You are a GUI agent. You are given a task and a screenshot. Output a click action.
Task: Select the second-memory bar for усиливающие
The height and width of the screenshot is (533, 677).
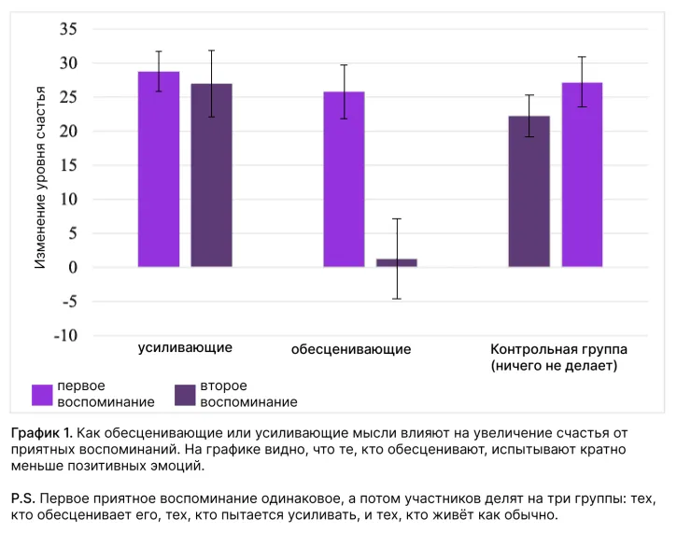pyautogui.click(x=212, y=175)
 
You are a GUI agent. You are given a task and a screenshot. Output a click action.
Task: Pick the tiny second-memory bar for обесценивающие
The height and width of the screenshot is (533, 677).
pyautogui.click(x=396, y=263)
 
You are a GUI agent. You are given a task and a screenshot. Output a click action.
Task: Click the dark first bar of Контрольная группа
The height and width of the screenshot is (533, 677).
pyautogui.click(x=529, y=191)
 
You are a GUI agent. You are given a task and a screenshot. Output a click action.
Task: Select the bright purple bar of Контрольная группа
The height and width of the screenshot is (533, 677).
pyautogui.click(x=582, y=175)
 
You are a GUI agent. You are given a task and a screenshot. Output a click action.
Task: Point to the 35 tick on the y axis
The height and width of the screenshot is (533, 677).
pyautogui.click(x=67, y=29)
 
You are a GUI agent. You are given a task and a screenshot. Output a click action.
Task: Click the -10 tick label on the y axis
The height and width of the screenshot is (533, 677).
pyautogui.click(x=63, y=335)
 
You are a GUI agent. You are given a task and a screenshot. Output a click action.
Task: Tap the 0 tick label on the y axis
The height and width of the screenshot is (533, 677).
pyautogui.click(x=72, y=267)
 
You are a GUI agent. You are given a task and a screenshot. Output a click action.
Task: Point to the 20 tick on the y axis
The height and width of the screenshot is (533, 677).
pyautogui.click(x=67, y=132)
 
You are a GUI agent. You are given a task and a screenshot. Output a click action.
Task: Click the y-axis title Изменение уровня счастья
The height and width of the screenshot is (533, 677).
pyautogui.click(x=40, y=177)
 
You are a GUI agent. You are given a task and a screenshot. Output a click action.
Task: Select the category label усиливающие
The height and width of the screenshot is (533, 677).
pyautogui.click(x=185, y=347)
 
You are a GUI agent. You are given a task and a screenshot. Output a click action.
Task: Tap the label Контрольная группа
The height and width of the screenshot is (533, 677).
pyautogui.click(x=558, y=349)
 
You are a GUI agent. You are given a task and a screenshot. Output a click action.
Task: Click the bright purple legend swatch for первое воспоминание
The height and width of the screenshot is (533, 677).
pyautogui.click(x=42, y=394)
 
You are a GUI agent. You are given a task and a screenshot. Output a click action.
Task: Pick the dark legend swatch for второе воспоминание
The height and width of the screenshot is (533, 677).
pyautogui.click(x=185, y=394)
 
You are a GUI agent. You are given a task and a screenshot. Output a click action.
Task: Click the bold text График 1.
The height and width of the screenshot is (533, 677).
pyautogui.click(x=42, y=434)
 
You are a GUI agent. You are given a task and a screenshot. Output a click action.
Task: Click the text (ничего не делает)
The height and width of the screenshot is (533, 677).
pyautogui.click(x=554, y=365)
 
